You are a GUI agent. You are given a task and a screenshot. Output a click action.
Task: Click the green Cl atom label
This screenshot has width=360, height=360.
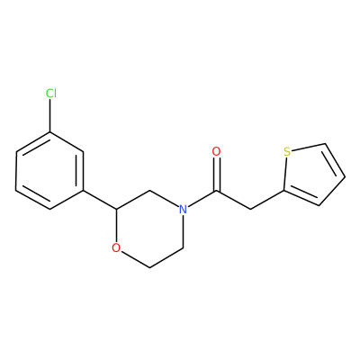pos(51,94)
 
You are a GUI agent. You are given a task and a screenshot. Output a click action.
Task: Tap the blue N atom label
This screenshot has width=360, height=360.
pos(183,209)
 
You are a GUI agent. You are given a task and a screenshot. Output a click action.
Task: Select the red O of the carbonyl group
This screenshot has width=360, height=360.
pos(216,151)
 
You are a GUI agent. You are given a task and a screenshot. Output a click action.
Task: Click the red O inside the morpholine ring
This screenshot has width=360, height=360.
pos(116,247)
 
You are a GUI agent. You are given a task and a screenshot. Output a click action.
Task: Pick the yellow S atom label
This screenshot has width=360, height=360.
pos(287,152)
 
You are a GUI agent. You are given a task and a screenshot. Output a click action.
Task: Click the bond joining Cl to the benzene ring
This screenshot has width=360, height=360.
pos(50,116)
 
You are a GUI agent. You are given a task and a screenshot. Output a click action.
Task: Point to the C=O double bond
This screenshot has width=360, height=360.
pos(217,174)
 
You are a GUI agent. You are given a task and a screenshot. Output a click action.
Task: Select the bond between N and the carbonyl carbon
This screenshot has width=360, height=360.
pos(202,199)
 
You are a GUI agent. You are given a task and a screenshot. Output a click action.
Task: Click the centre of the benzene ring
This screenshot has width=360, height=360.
pos(49,171)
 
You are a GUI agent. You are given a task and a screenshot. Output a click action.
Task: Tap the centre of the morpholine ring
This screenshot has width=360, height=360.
pos(149,229)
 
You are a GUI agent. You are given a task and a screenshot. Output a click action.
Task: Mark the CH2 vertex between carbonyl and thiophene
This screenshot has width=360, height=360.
pos(250,209)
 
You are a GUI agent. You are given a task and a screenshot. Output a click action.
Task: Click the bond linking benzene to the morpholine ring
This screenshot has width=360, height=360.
pos(100,200)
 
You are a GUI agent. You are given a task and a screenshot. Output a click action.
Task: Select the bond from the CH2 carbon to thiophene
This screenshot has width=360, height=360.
pos(266,200)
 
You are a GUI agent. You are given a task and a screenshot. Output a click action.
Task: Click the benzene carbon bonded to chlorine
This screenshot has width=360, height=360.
pos(50,132)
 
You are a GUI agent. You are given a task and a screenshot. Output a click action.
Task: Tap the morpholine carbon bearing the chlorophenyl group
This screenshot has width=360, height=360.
pos(116,209)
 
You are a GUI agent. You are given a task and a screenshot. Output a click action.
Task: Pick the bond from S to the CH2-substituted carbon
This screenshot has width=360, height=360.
pos(285,174)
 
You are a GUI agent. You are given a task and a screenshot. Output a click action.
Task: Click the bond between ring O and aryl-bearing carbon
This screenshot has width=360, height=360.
pos(116,226)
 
